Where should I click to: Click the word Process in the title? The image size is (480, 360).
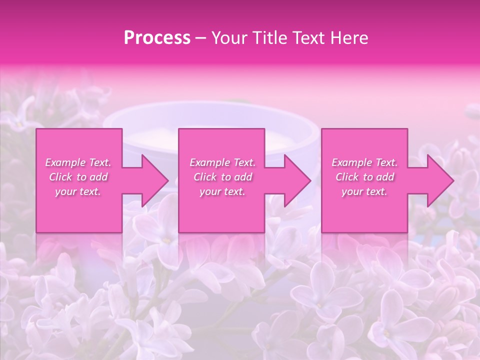(157, 38)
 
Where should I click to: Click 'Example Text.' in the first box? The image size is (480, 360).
(78, 162)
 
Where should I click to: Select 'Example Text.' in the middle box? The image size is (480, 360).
(222, 162)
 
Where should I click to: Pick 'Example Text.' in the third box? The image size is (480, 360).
(364, 162)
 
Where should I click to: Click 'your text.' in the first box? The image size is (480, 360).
(78, 191)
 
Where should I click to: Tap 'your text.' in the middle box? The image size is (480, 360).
(222, 191)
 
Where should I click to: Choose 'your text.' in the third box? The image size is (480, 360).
(364, 191)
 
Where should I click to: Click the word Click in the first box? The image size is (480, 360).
(60, 177)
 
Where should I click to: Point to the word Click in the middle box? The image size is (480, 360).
(205, 177)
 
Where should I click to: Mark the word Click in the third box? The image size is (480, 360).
(347, 177)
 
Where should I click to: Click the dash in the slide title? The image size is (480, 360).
(200, 38)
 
